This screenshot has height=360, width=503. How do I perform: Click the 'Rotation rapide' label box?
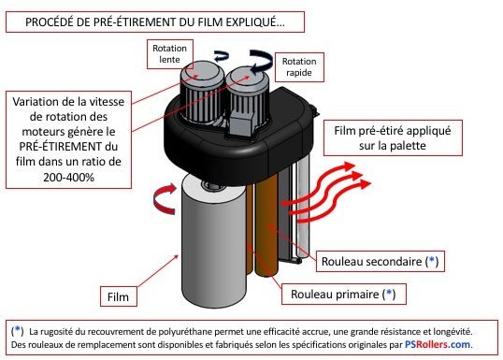pos(295,65)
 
